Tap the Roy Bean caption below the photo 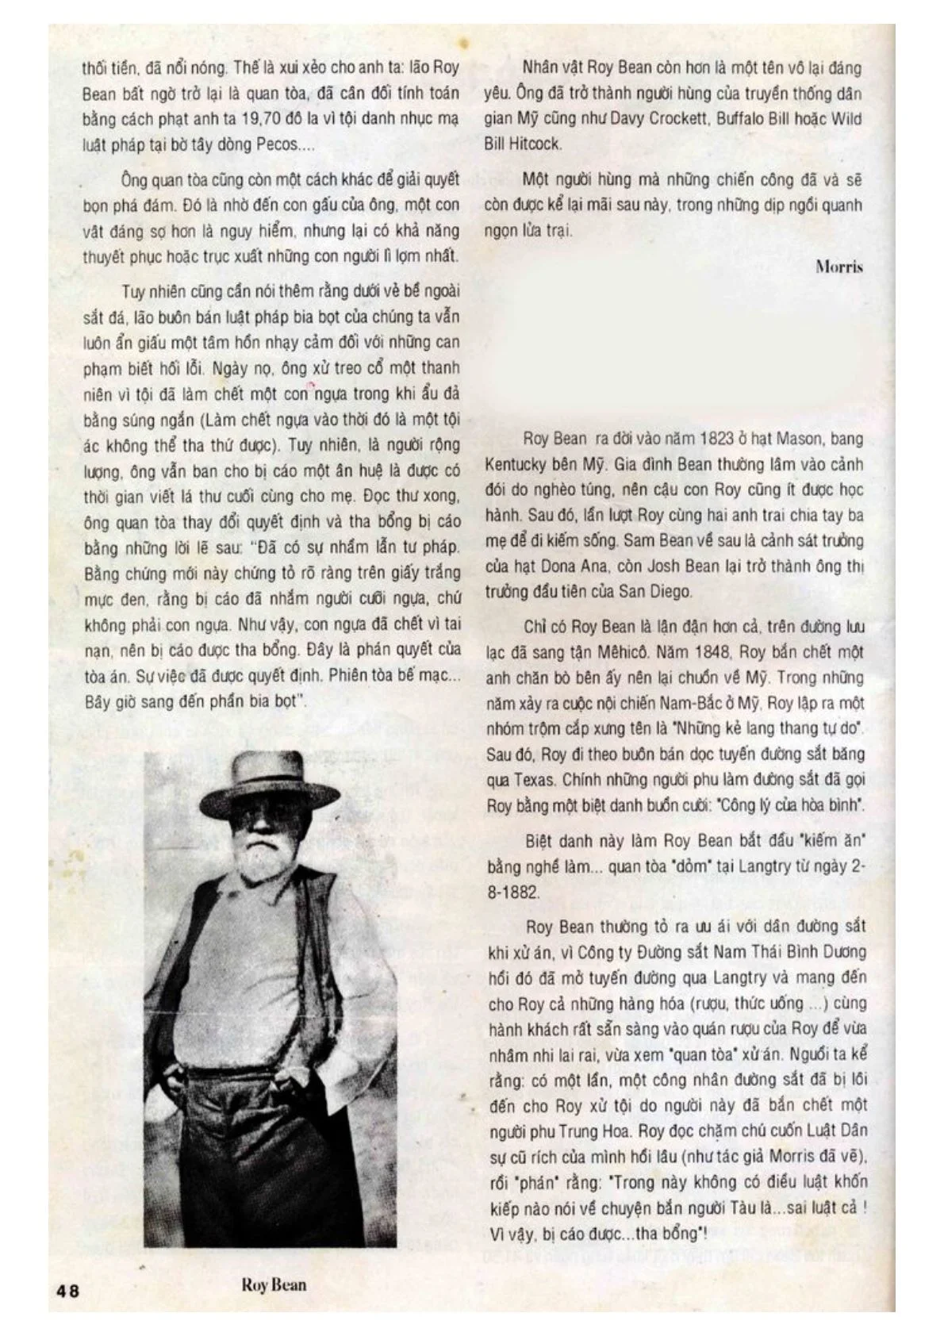[x=274, y=1284]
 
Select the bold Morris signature [x=838, y=267]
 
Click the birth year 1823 [x=718, y=439]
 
